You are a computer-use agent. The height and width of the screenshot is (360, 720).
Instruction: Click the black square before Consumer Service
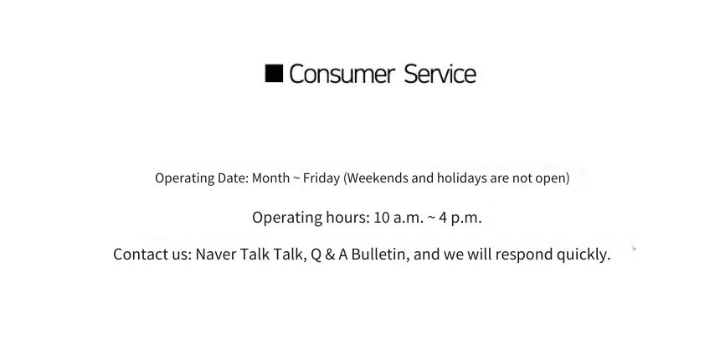(274, 74)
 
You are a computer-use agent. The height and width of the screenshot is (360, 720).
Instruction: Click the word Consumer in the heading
(342, 74)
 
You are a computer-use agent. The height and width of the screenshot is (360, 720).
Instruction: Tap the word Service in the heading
(440, 74)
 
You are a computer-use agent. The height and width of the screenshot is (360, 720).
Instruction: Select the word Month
(271, 177)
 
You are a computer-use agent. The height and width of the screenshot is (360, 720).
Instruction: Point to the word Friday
(321, 177)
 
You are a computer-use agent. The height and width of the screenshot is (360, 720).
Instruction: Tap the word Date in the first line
(233, 177)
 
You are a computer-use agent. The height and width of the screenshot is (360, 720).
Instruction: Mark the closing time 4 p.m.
(460, 218)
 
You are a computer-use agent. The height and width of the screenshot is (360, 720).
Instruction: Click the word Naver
(213, 254)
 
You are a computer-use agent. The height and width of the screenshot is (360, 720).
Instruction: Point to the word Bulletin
(380, 254)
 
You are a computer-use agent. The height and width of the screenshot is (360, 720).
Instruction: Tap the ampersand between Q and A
(330, 254)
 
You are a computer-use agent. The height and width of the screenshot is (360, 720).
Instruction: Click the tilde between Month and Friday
(296, 178)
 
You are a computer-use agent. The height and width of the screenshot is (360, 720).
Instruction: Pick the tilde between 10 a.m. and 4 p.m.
(431, 218)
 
